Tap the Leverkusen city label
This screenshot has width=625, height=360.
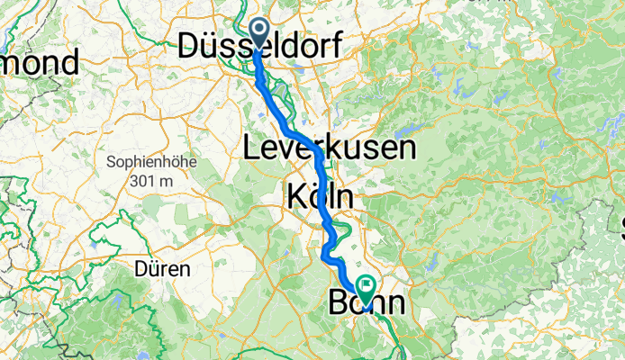(x=330, y=148)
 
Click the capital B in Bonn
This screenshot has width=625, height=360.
(x=339, y=304)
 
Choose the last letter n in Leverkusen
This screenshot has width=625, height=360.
(x=407, y=148)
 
